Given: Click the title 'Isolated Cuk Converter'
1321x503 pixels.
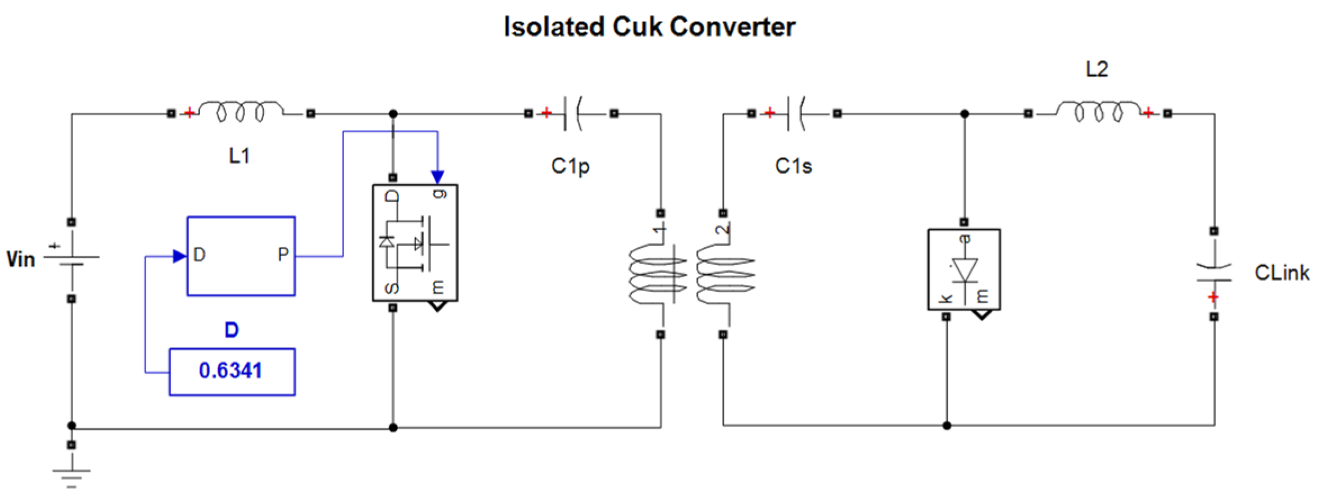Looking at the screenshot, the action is pos(649,27).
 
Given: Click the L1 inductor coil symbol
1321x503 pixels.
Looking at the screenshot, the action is pos(241,111).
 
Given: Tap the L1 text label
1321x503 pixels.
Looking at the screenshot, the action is pos(239,155).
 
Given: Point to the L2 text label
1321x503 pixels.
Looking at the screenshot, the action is pos(1097,69).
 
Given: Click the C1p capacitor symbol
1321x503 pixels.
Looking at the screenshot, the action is pos(573,114).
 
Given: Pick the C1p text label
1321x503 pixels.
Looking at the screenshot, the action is pos(570,166).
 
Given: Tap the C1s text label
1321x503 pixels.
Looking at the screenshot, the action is pos(793,166).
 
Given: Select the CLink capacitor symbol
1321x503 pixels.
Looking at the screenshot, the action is pos(1214,273).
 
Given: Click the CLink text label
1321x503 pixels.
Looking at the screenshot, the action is pos(1282,273).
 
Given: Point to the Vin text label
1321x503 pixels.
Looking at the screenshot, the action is pos(20,259).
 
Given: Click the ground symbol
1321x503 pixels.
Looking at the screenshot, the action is pos(71,478).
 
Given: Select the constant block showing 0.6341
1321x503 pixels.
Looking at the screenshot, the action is pos(232,371).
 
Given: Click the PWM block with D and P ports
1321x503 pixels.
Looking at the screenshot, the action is pos(241,256).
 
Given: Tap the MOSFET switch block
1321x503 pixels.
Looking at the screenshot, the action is pos(415,243).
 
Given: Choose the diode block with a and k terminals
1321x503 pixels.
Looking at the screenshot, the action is pos(964,269).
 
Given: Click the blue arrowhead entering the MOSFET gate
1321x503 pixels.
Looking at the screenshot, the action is pos(437,178).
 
